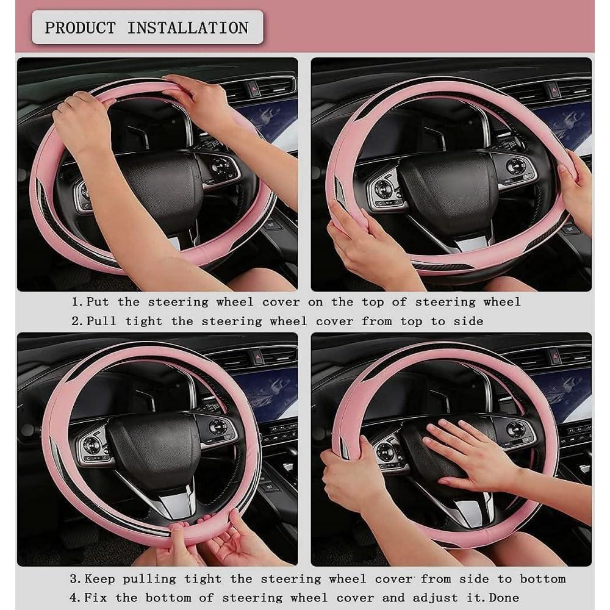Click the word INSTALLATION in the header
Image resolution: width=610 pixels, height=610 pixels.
188,27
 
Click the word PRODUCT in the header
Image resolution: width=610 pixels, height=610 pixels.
80,27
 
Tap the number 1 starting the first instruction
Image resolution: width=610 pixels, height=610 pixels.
76,302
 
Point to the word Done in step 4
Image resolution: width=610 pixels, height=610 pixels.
504,597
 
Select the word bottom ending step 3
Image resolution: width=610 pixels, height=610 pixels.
542,578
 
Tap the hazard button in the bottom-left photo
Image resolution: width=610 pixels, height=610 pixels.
259,356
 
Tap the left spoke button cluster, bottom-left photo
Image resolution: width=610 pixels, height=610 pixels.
93,448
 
